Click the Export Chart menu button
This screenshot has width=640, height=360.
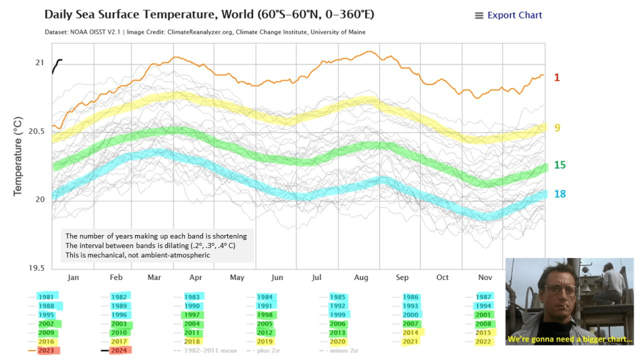coord(508,15)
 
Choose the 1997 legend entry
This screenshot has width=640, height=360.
coord(192,315)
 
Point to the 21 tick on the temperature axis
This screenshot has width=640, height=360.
coord(39,62)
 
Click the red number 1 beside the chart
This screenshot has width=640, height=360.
coord(557,77)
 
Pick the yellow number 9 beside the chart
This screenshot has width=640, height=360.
coord(557,127)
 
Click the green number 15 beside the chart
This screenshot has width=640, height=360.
coord(559,165)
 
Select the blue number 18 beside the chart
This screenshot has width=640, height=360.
coord(559,194)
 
